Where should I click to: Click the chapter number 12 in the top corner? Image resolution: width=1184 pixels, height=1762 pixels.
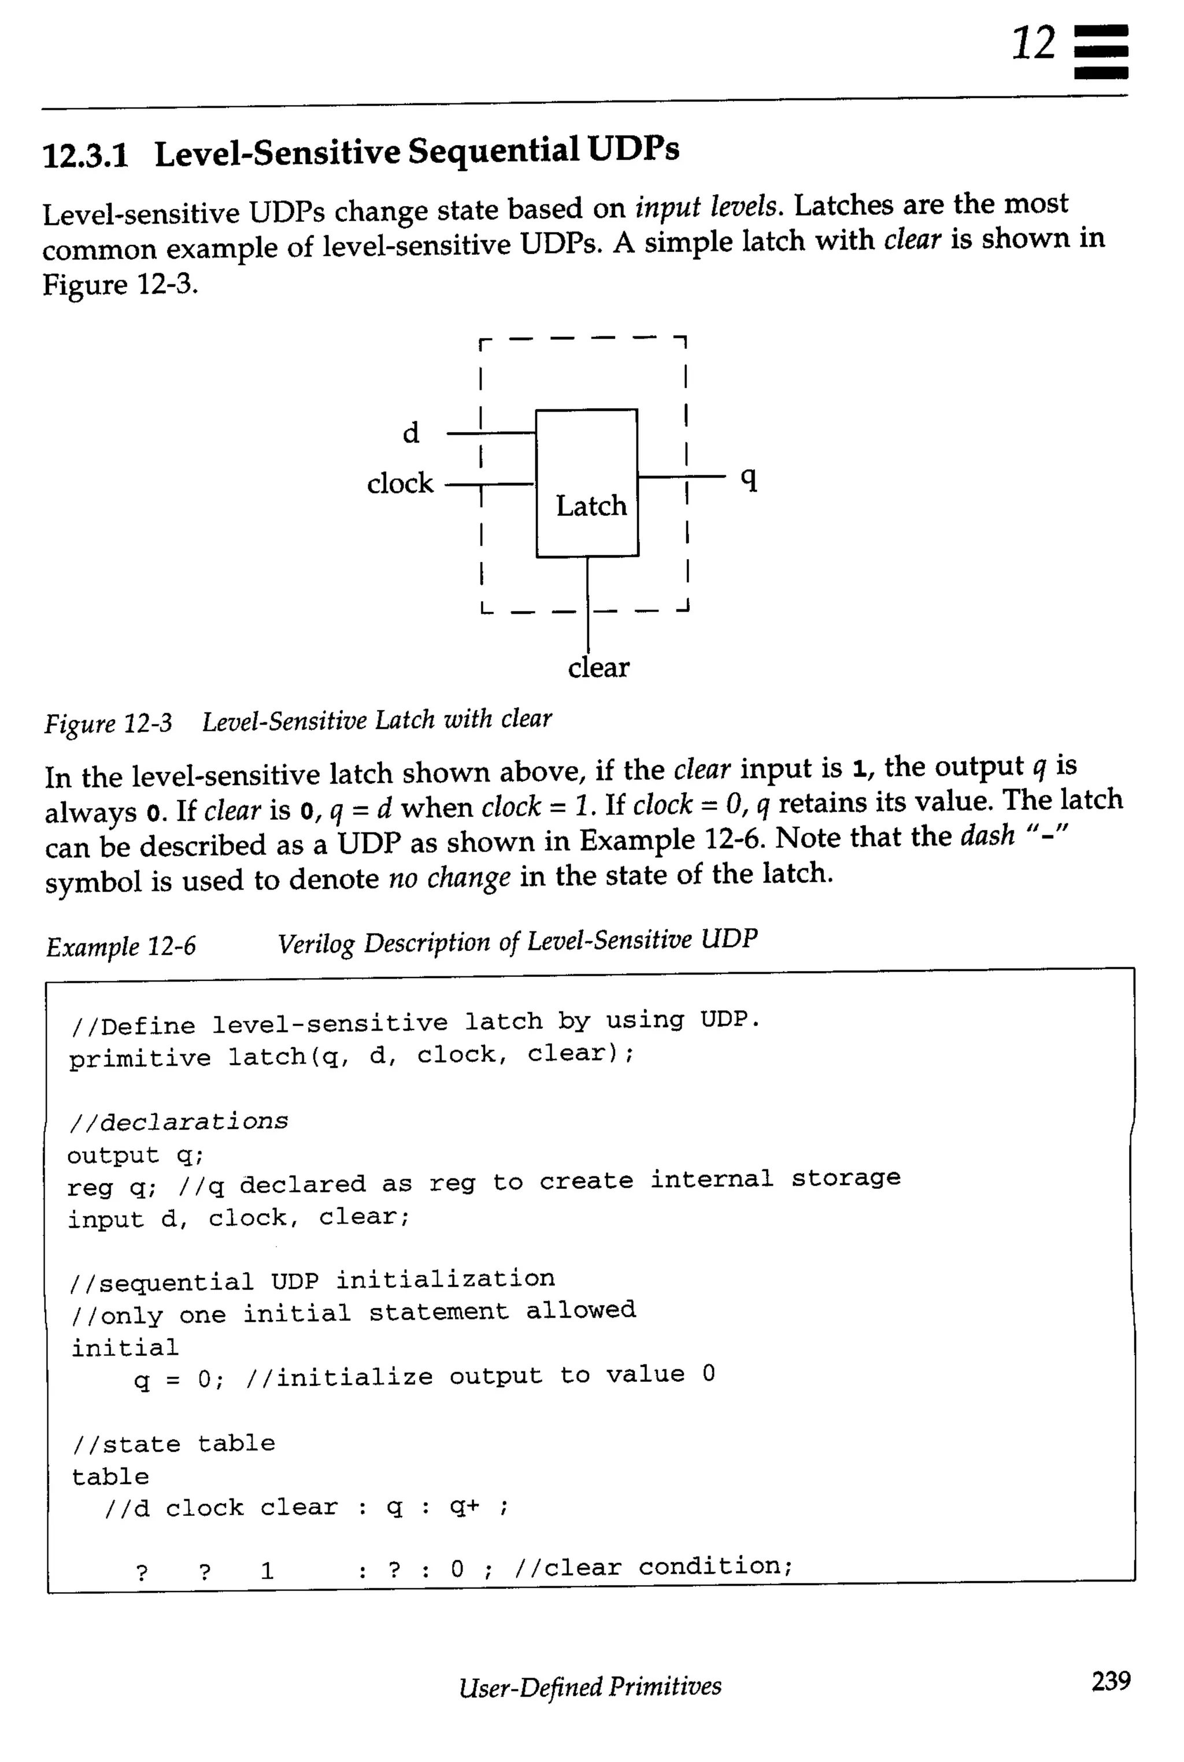pyautogui.click(x=1033, y=44)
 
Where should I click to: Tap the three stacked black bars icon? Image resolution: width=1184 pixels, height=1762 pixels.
pyautogui.click(x=1100, y=51)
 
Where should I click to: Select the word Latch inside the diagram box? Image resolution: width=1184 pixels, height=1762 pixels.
pyautogui.click(x=591, y=505)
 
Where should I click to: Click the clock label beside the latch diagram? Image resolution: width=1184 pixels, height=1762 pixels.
pyautogui.click(x=400, y=483)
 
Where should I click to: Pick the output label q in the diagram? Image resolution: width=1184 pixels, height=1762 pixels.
pyautogui.click(x=748, y=478)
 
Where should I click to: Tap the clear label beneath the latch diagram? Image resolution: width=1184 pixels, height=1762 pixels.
pyautogui.click(x=598, y=667)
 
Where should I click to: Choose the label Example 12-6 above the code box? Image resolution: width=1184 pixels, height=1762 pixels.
pyautogui.click(x=121, y=946)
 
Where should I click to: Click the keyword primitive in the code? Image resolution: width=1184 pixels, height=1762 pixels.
pyautogui.click(x=140, y=1059)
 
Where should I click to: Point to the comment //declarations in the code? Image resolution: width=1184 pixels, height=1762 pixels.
pyautogui.click(x=178, y=1122)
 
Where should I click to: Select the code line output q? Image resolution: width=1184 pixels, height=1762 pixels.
pyautogui.click(x=135, y=1155)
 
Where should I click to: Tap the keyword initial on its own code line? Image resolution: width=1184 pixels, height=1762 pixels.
pyautogui.click(x=125, y=1348)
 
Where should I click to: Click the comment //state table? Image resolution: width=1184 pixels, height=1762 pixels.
pyautogui.click(x=173, y=1444)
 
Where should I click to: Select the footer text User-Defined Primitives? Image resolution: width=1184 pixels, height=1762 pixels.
pyautogui.click(x=590, y=1686)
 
